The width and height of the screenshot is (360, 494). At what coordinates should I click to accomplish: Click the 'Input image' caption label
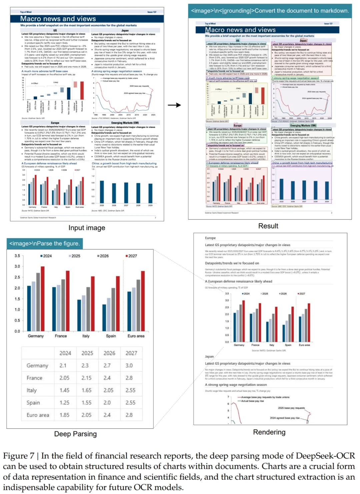point(87,228)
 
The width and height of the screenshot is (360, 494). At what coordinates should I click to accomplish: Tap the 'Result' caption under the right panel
point(268,226)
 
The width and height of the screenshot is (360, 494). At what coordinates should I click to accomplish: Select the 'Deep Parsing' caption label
point(75,434)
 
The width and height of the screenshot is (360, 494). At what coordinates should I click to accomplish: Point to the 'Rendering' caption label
point(269,432)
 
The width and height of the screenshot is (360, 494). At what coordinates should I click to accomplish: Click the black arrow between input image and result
point(174,105)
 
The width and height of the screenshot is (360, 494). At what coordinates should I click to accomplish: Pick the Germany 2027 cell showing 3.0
point(129,366)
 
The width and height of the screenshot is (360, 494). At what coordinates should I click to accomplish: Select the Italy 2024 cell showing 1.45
point(64,390)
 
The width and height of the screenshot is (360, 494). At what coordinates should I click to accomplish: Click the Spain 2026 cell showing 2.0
point(107,403)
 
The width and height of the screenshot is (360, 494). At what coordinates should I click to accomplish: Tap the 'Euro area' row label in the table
point(38,415)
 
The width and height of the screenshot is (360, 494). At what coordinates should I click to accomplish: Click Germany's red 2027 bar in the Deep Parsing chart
point(42,299)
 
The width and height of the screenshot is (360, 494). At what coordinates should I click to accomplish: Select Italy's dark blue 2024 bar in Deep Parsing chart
point(79,315)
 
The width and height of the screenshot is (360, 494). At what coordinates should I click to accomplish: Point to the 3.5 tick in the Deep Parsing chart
point(17,256)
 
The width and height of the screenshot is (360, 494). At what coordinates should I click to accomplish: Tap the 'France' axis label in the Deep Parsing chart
point(61,336)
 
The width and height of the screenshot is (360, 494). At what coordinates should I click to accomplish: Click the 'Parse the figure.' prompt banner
point(45,244)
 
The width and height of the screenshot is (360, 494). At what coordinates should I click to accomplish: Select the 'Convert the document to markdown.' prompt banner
point(270,11)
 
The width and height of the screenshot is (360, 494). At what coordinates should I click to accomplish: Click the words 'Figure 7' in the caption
point(19,456)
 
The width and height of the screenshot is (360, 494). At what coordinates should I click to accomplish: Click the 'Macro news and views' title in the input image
point(58,19)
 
